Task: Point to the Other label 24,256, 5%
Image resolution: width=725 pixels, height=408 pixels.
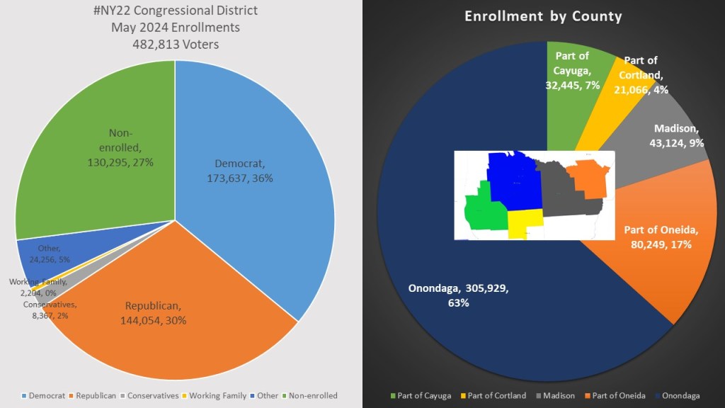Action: coord(50,254)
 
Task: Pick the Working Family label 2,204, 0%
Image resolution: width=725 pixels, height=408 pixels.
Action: coord(38,288)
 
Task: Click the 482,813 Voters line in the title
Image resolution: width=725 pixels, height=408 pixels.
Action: coord(175,44)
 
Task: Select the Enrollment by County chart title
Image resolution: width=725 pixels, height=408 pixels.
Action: coord(543,16)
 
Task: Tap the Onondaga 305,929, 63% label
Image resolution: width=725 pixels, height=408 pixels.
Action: coord(458,295)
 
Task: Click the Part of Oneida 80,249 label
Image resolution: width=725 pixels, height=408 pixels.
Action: coord(661,237)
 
